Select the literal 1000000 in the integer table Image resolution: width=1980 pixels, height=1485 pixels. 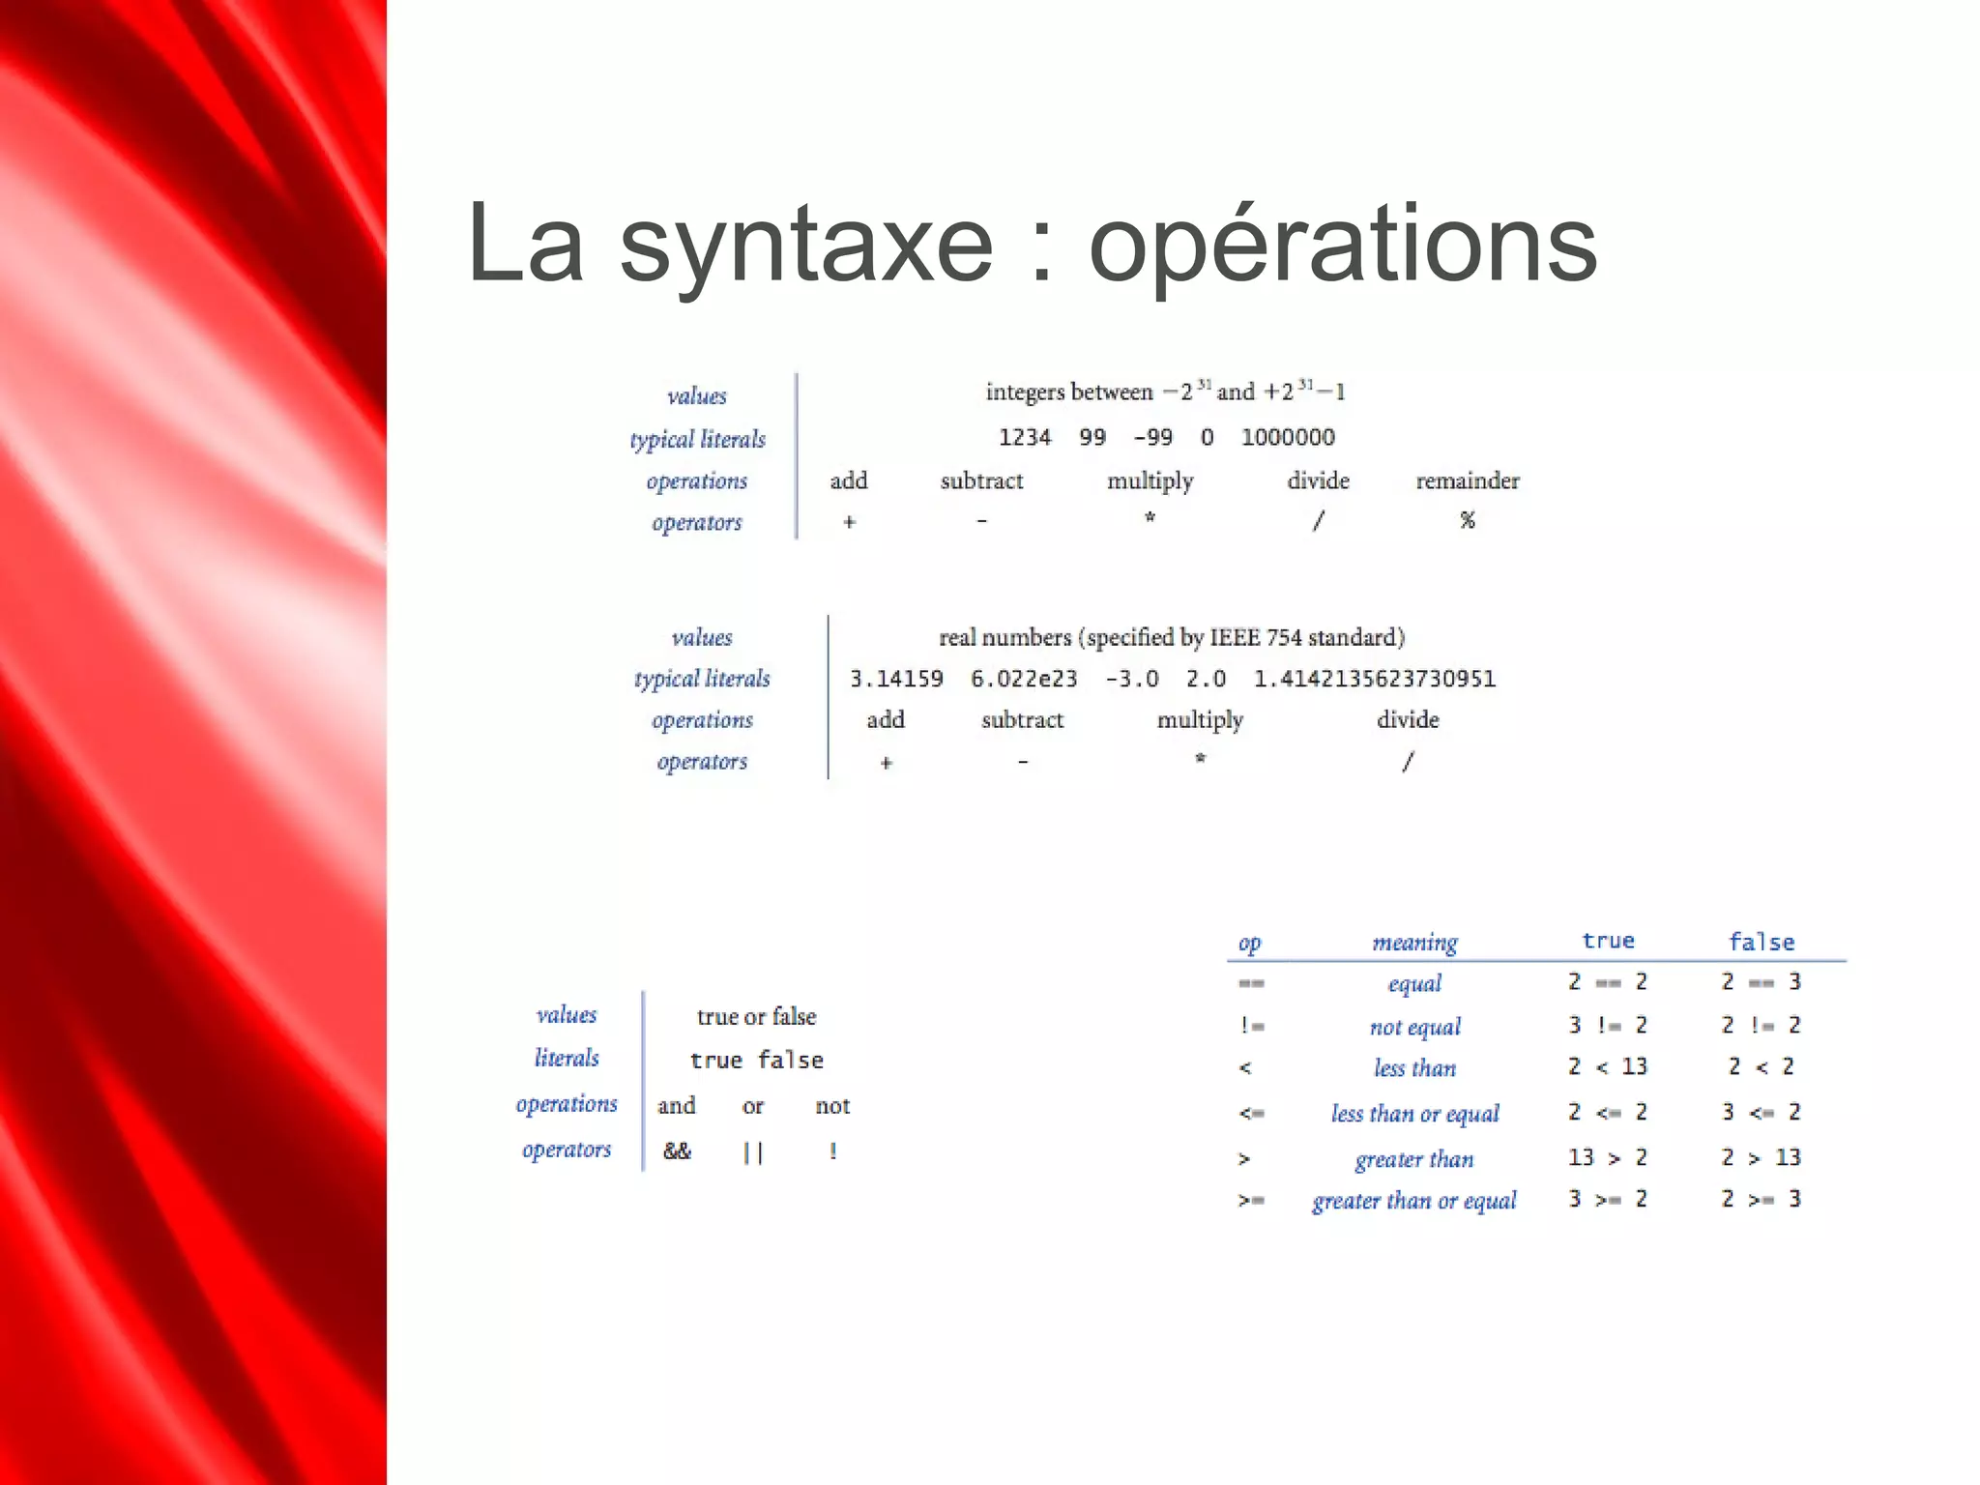click(1288, 438)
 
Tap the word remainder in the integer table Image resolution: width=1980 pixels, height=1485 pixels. click(1467, 480)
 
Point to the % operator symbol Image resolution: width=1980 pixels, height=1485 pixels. click(1468, 521)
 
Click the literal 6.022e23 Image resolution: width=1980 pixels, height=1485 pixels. click(1024, 680)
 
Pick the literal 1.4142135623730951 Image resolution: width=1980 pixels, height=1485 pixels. click(1374, 680)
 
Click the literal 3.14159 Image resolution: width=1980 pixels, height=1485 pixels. click(896, 680)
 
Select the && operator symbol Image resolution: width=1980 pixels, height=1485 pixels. click(677, 1151)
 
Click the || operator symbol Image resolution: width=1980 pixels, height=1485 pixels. click(753, 1152)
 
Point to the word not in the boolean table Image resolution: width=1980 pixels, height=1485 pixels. click(832, 1106)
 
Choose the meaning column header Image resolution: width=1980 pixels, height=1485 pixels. click(1414, 943)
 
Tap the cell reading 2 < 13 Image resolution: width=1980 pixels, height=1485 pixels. click(1607, 1066)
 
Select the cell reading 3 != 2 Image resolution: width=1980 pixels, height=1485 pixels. click(1607, 1025)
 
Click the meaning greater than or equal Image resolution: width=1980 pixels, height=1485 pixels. click(1413, 1201)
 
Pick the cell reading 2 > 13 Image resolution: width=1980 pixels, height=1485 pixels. click(1761, 1157)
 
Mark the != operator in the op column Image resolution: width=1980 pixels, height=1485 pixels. click(1252, 1026)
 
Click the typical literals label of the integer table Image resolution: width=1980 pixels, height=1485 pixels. click(697, 440)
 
